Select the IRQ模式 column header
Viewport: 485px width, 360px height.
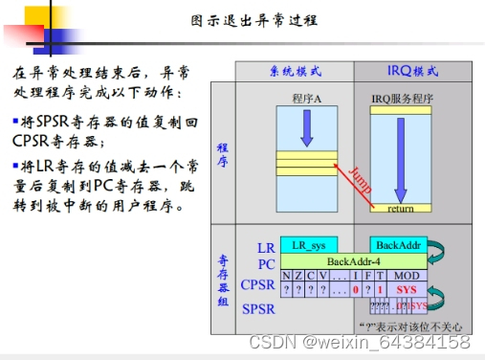[x=413, y=72]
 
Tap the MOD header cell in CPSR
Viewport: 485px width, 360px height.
[x=406, y=276]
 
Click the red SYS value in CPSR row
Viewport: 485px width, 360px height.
[x=406, y=288]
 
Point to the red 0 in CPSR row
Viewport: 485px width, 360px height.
[x=355, y=288]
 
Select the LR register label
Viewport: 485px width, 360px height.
[x=266, y=248]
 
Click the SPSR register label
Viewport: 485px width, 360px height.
[x=257, y=308]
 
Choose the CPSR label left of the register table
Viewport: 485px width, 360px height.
[x=257, y=284]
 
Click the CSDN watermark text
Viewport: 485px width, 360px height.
[x=359, y=342]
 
